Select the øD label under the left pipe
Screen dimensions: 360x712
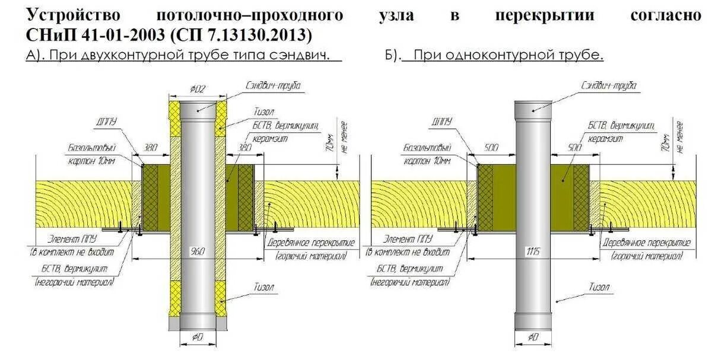pos(197,337)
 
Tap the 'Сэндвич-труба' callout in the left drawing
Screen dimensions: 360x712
pos(274,85)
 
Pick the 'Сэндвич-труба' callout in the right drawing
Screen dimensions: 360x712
pos(609,85)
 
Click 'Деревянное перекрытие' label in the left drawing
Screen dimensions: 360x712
pos(310,243)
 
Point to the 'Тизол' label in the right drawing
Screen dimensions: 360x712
pos(600,287)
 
